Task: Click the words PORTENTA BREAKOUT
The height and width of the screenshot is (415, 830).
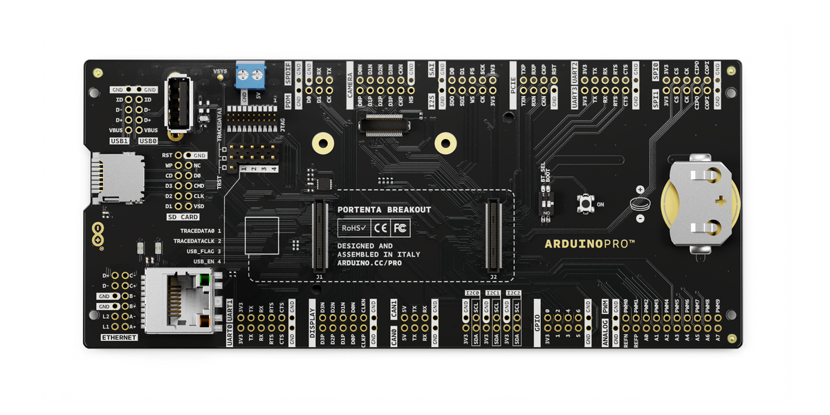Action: (384, 210)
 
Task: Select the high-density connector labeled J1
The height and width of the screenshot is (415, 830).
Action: (320, 235)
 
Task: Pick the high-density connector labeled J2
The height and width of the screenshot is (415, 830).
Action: (492, 235)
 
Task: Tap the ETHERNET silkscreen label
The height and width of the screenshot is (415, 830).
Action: (119, 338)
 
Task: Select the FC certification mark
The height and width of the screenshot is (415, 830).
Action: (400, 228)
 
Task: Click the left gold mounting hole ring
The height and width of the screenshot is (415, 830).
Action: (321, 143)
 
